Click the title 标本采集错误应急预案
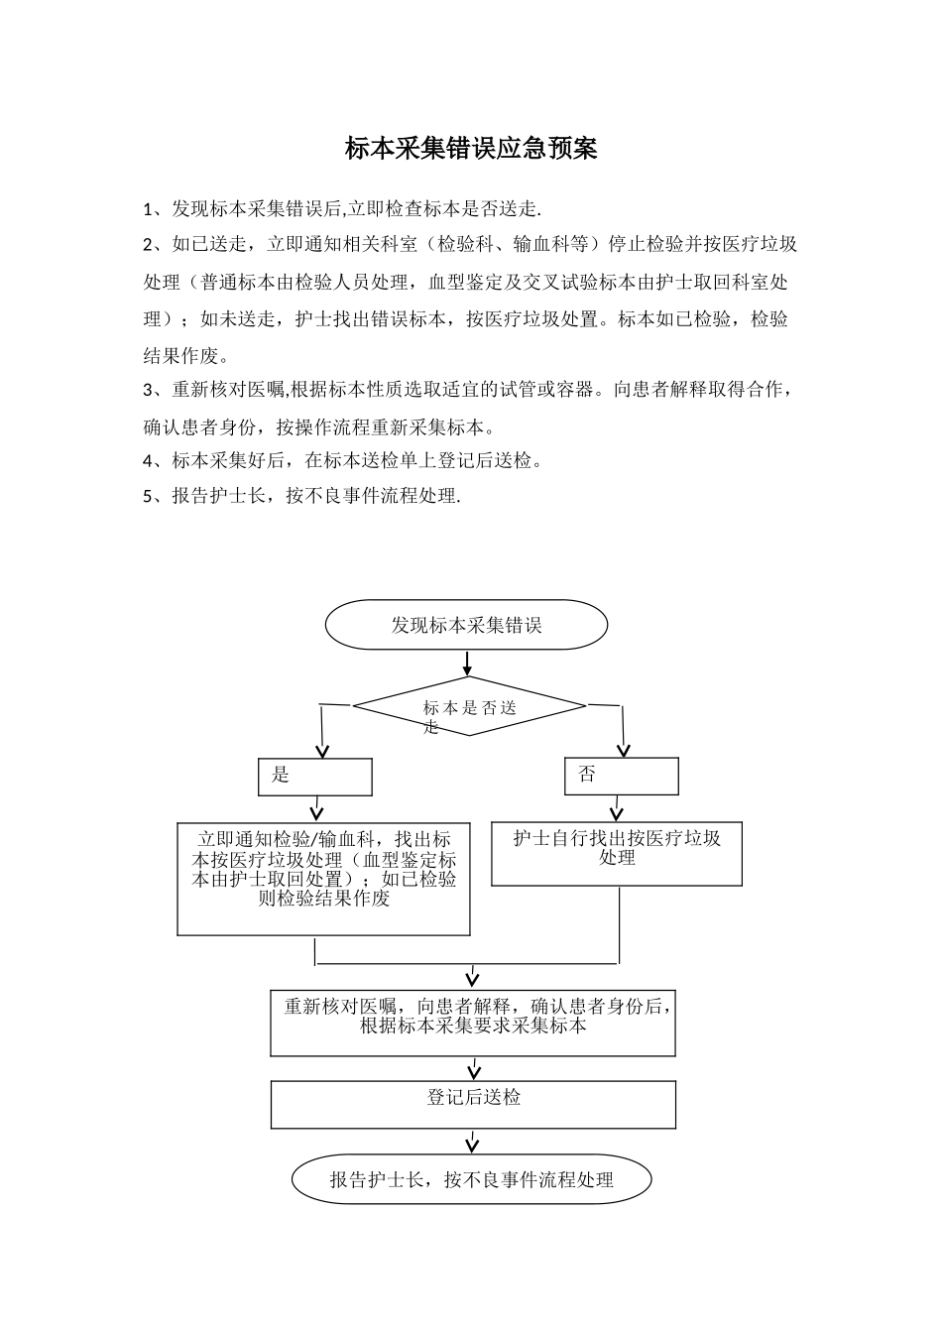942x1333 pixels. (471, 149)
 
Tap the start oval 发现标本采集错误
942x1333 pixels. (467, 625)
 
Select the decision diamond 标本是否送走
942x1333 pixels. (469, 706)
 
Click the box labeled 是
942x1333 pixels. (315, 777)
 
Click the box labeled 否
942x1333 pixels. (622, 776)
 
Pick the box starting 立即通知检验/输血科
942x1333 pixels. (323, 879)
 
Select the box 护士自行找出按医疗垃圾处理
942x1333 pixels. (617, 853)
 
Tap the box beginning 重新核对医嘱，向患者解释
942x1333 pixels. (473, 1022)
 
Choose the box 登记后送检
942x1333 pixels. (473, 1104)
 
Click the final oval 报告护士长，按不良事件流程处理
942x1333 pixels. (472, 1179)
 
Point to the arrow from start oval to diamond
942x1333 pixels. (467, 663)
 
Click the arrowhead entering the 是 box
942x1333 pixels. (320, 750)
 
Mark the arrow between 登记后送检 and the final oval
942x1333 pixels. (473, 1141)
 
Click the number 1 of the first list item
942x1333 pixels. (148, 209)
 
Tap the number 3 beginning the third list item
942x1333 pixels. (148, 390)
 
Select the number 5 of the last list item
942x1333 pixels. (148, 497)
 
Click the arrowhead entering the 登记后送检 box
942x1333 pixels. (474, 1072)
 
